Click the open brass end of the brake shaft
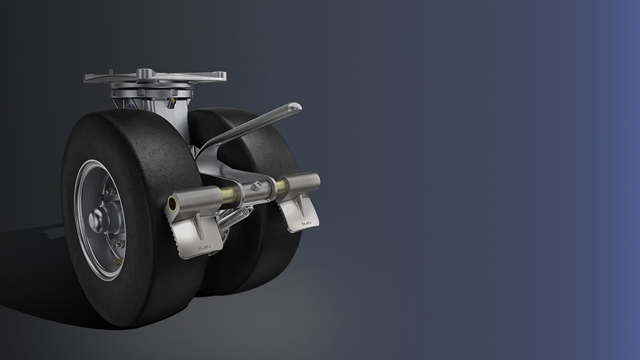[x=172, y=204]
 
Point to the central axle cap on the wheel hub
[x=96, y=219]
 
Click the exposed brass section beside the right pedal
[x=281, y=186]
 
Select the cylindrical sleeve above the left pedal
[x=196, y=200]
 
